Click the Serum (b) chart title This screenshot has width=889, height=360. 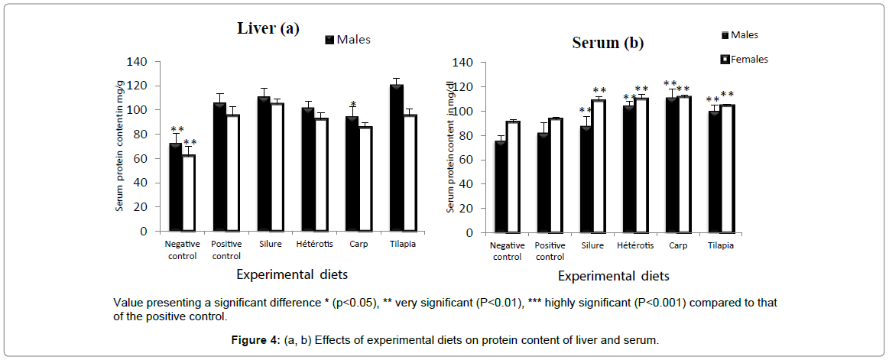pos(608,43)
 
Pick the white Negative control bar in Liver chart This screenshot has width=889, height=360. pos(188,193)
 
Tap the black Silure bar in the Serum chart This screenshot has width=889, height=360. pos(586,180)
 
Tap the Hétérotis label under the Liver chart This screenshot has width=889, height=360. pos(312,245)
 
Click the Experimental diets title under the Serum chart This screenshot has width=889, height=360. pos(613,276)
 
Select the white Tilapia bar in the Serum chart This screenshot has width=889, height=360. pos(726,169)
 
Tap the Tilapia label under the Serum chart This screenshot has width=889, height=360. pos(719,245)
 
